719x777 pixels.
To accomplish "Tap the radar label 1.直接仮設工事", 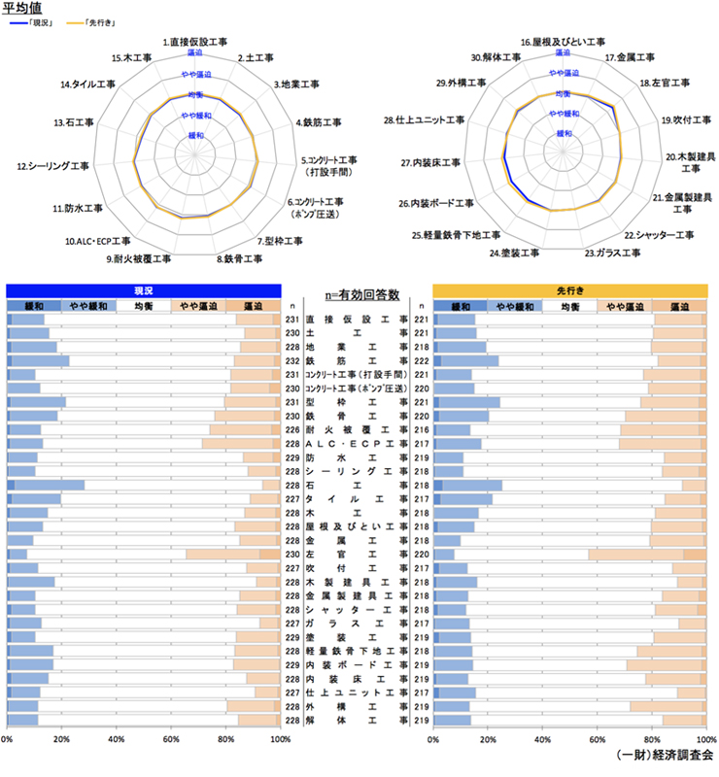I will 195,44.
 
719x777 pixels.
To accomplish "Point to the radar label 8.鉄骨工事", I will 240,259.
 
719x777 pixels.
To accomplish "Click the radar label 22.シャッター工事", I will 658,234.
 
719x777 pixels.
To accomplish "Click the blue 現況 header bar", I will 143,289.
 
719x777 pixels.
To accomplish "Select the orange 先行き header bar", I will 569,289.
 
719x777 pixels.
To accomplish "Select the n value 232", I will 291,360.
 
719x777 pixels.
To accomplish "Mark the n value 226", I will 291,428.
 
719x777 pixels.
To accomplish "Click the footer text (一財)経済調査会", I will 665,754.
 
